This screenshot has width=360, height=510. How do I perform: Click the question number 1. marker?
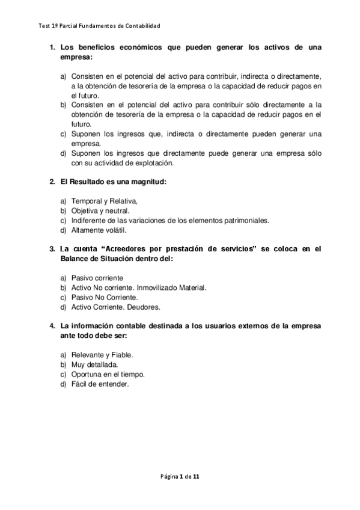point(52,47)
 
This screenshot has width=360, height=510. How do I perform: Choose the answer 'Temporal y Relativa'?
point(105,201)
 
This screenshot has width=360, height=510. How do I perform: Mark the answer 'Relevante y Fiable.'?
point(102,355)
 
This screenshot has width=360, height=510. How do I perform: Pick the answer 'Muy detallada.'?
point(94,364)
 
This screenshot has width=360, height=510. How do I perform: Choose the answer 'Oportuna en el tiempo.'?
point(108,374)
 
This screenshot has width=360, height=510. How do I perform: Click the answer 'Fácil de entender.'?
point(100,384)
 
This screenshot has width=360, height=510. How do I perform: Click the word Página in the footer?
point(170,476)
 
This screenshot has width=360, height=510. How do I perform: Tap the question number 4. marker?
point(52,326)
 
